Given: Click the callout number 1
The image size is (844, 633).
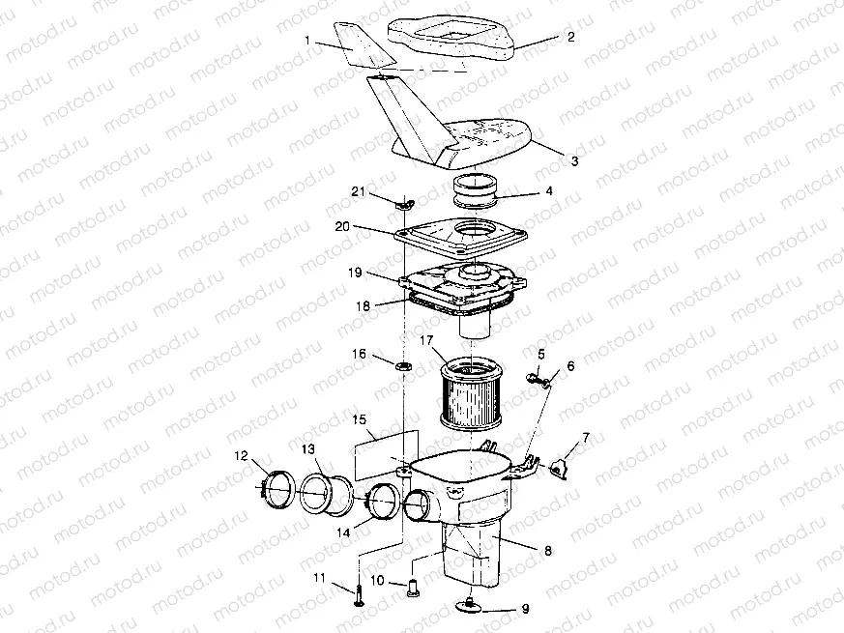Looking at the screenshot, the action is pos(307,42).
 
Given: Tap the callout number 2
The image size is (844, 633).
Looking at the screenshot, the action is pos(570,38).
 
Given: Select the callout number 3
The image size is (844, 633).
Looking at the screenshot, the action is pos(574,161).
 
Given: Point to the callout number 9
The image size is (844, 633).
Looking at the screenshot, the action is pos(526,611).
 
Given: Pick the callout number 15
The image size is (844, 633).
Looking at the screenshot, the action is pos(359,420).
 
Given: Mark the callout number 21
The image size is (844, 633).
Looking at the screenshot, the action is pos(357,193).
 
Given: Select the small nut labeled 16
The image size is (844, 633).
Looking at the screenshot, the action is pos(405,366).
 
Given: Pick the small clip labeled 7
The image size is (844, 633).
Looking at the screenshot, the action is pos(559,469).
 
